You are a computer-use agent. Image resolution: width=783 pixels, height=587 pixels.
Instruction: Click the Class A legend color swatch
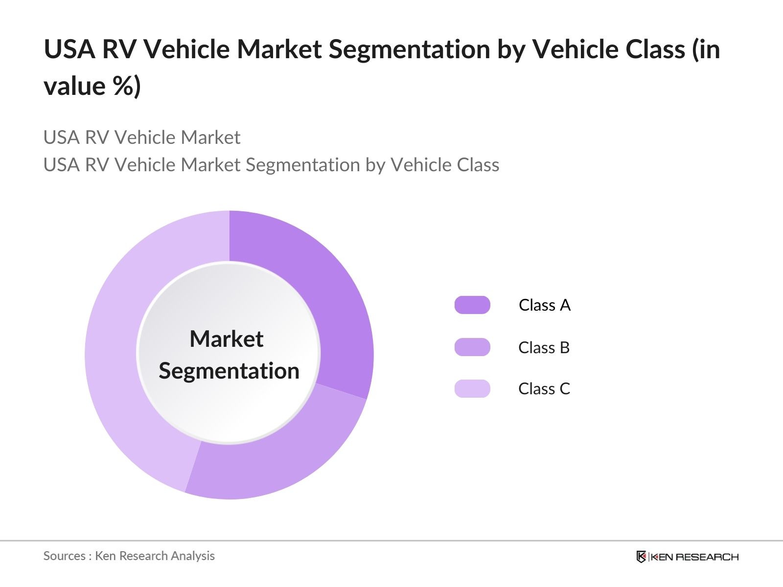(x=472, y=305)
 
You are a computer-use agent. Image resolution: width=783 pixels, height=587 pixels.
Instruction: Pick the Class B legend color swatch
(x=472, y=347)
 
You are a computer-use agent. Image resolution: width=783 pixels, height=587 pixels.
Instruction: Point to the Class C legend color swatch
(x=472, y=389)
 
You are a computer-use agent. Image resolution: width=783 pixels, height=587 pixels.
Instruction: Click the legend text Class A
(x=544, y=305)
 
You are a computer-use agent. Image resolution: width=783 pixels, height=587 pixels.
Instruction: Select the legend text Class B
(x=544, y=348)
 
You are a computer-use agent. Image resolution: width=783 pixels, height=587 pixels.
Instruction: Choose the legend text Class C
(x=544, y=389)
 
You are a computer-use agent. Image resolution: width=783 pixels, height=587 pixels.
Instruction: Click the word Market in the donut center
(x=226, y=339)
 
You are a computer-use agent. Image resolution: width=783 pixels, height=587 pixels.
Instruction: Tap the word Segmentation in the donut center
(x=229, y=371)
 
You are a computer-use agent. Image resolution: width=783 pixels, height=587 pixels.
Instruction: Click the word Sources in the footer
(x=65, y=556)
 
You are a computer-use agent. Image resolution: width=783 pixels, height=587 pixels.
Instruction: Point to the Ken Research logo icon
(x=641, y=557)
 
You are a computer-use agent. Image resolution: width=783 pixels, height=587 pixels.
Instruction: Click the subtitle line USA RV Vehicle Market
(x=142, y=137)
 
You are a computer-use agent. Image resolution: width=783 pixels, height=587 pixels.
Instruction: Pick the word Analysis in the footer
(x=196, y=556)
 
